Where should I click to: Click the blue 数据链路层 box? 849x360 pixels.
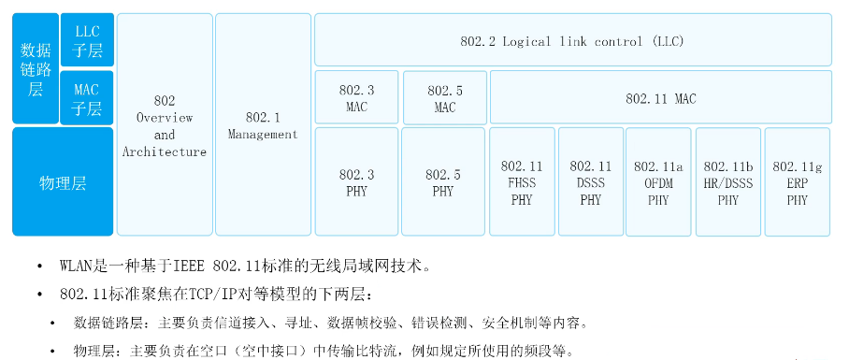pos(36,68)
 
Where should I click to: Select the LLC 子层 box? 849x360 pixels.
pos(87,40)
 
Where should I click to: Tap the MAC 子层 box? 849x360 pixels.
pos(87,98)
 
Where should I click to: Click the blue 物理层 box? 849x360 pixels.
pos(63,182)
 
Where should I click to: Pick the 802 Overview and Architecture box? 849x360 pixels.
pos(165,124)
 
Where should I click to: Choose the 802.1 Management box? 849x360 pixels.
pos(263,124)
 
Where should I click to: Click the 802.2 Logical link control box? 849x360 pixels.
pos(572,40)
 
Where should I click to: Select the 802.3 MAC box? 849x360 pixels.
pos(356,98)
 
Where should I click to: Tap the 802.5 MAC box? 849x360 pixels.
pos(444,98)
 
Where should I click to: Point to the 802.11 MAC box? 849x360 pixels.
pos(660,98)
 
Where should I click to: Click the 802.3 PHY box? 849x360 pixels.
pos(356,182)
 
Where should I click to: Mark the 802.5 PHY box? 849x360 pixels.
pos(443,182)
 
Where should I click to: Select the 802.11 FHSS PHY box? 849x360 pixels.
pos(521,182)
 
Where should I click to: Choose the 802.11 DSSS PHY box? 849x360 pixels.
pos(590,182)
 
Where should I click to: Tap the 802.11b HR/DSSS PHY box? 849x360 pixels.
pos(727,182)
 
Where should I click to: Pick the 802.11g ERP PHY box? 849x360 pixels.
pos(797,182)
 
